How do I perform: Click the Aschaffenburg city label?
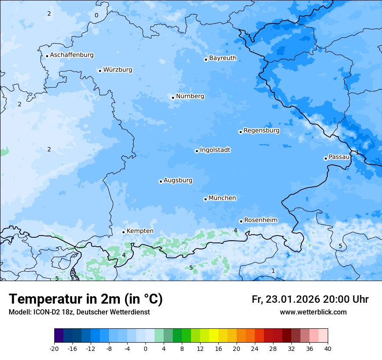72,55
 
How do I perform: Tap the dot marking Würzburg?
100,71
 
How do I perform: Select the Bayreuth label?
223,58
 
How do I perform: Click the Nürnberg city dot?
173,98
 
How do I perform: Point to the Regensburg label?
261,130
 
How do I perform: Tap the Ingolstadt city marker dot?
197,151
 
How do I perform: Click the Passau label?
339,157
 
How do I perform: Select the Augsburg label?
178,180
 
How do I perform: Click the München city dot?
205,199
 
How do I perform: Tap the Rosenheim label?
260,220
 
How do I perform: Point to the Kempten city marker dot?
123,232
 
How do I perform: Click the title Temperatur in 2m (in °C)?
86,299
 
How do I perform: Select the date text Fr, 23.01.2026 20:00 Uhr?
310,299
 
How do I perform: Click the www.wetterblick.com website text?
313,312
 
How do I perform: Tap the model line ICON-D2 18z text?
79,312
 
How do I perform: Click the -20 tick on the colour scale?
54,348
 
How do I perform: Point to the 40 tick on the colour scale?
328,348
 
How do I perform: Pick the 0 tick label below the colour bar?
145,348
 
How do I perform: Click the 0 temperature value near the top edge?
96,16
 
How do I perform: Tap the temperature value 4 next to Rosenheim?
235,230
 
